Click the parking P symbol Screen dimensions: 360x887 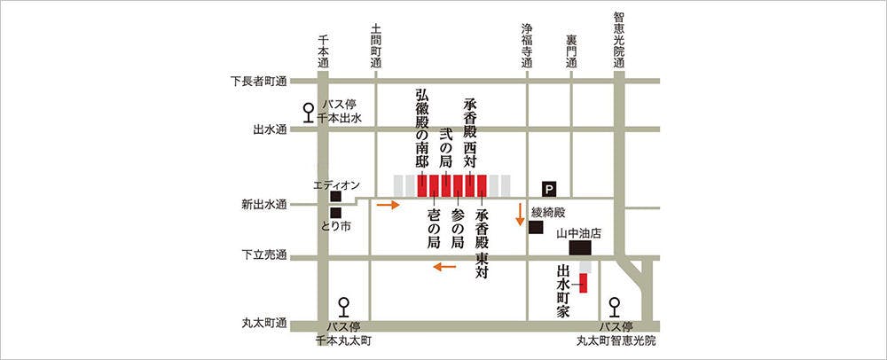click(549, 188)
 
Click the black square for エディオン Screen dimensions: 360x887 click(336, 197)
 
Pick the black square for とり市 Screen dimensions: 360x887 click(336, 213)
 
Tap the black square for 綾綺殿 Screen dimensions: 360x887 click(536, 228)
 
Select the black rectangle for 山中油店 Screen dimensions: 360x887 click(579, 247)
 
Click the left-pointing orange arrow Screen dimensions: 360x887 click(444, 266)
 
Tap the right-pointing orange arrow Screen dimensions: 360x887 click(387, 206)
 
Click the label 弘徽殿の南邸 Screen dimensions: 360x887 click(421, 129)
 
